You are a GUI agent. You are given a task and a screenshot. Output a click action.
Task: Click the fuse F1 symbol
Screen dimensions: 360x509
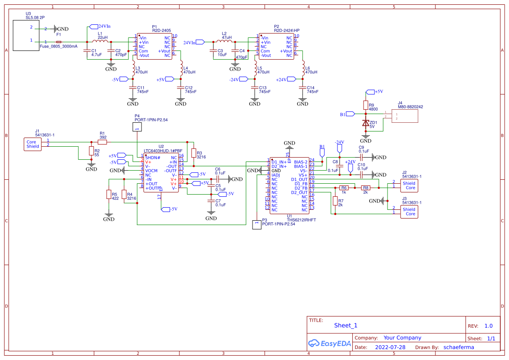(59, 42)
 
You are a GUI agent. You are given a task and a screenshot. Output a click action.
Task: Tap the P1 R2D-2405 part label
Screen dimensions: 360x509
(161, 30)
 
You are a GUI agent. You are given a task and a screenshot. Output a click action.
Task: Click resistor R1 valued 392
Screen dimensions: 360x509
(102, 142)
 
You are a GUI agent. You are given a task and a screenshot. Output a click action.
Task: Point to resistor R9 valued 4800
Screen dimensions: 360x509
(366, 105)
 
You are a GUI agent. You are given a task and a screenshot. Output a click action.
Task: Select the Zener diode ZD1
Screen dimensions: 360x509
(366, 123)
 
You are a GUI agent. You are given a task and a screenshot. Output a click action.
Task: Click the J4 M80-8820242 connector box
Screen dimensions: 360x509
(405, 116)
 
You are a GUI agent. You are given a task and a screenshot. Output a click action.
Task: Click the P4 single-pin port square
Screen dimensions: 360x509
(137, 127)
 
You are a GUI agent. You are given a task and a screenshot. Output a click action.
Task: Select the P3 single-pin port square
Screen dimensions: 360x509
(257, 225)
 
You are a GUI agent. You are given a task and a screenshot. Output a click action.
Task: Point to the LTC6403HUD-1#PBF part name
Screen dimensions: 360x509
(163, 151)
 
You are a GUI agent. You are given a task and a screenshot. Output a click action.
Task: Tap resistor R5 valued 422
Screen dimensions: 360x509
(109, 195)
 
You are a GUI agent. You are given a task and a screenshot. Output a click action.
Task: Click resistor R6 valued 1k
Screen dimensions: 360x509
(344, 188)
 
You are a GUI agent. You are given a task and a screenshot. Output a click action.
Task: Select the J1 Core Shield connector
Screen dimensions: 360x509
(33, 144)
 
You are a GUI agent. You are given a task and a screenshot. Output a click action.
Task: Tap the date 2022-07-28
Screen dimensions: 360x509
(390, 347)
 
